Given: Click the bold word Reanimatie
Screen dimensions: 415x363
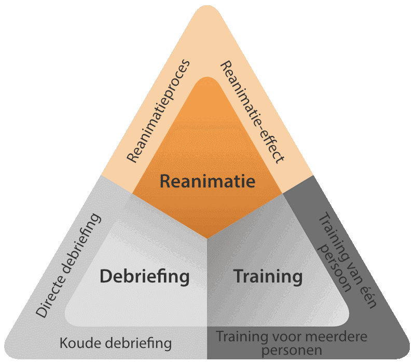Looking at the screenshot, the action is pos(208,181).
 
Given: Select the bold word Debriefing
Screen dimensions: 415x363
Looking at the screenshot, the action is pos(145,277).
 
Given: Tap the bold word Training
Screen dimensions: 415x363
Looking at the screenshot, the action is pos(268,277).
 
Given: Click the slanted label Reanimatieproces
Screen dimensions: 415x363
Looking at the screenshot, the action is pos(158,111).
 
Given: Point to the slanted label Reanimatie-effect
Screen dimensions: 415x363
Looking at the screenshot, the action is pos(253,112).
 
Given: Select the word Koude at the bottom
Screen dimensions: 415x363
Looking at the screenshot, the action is pos(77,343).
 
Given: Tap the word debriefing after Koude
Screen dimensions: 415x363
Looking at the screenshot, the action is pos(134,344).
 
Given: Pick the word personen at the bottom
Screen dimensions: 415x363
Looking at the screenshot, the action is pos(292,351).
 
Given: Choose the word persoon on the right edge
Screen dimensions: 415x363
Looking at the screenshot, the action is pos(335,267).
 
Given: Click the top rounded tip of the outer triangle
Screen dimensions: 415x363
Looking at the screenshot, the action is pos(208,6).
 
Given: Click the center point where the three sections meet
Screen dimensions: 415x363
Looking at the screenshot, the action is pos(207,239).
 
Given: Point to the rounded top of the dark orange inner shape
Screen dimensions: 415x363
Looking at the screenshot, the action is pos(208,78).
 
